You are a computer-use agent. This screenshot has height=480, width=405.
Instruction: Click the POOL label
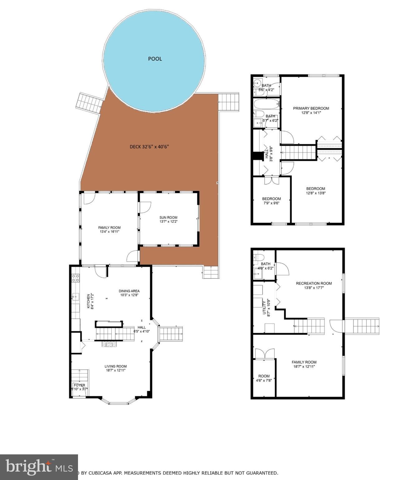pyautogui.click(x=155, y=59)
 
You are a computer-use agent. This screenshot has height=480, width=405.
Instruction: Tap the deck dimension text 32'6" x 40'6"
pyautogui.click(x=149, y=147)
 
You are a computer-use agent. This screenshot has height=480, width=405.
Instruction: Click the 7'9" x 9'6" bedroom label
pyautogui.click(x=271, y=201)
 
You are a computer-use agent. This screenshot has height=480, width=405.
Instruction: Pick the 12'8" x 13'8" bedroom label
pyautogui.click(x=315, y=191)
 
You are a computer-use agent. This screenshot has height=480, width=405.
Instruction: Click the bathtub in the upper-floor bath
pyautogui.click(x=266, y=103)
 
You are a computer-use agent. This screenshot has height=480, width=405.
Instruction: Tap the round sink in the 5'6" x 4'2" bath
pyautogui.click(x=257, y=83)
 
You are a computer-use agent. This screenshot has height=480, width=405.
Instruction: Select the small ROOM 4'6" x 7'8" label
pyautogui.click(x=264, y=378)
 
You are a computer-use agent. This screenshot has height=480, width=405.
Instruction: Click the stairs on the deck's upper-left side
pyautogui.click(x=89, y=101)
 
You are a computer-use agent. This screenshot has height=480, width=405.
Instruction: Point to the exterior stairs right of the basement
pyautogui.click(x=362, y=326)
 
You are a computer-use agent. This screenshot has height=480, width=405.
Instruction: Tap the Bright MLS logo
pyautogui.click(x=39, y=467)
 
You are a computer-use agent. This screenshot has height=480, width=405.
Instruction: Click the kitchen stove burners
pyautogui.click(x=76, y=278)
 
